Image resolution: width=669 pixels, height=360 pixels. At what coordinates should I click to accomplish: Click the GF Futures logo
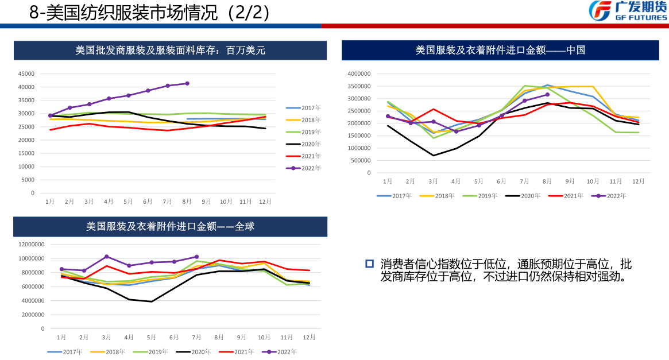[x=628, y=11]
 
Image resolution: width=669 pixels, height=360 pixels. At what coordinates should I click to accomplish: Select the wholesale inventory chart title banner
[x=171, y=51]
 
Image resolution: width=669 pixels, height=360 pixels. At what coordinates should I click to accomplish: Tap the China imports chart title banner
[x=500, y=50]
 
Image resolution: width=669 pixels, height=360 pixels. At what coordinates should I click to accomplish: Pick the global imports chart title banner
[x=171, y=227]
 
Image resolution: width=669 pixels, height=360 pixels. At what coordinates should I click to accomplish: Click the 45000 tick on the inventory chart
[x=26, y=74]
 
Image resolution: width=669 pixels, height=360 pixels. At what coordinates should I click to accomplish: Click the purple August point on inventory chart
[x=187, y=83]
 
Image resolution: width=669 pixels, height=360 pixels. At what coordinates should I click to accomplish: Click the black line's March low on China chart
[x=433, y=155]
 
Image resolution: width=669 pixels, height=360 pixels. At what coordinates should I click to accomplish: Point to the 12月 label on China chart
[x=638, y=181]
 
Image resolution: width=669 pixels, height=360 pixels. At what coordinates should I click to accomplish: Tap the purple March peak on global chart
[x=107, y=257]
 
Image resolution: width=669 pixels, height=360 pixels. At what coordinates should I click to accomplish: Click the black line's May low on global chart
[x=152, y=301]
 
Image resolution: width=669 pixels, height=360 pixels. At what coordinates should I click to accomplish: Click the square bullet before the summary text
[x=370, y=264]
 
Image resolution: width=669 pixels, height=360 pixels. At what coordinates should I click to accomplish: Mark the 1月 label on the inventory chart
[x=50, y=202]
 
